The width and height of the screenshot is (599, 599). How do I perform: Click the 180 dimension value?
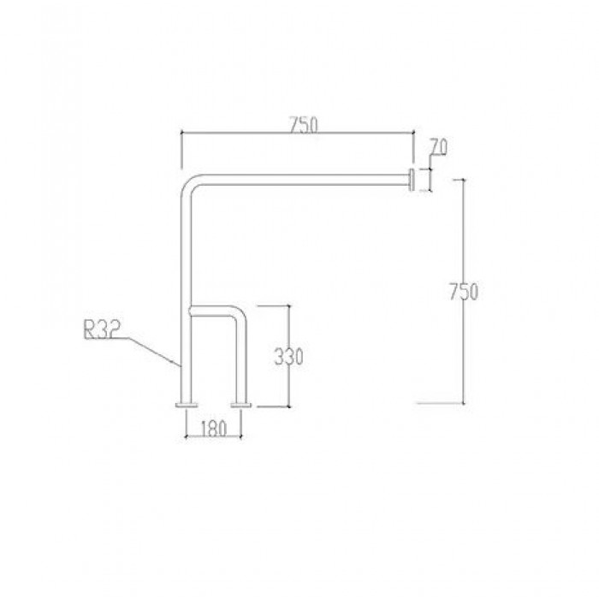215,429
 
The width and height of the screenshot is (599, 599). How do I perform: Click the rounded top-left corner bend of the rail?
189,183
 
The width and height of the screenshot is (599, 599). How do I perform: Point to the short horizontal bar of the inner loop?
214,310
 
